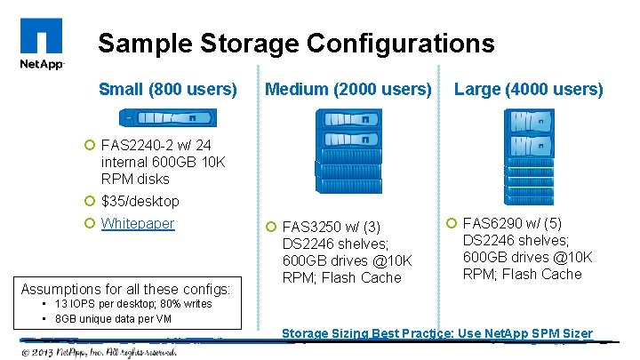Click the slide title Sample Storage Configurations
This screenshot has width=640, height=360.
(x=296, y=43)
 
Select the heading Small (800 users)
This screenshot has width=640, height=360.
(x=168, y=89)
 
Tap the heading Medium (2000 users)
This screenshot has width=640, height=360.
(x=348, y=89)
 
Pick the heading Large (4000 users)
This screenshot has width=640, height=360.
(x=529, y=89)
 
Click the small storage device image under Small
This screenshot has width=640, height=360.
(x=169, y=117)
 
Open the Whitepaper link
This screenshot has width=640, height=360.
(x=138, y=223)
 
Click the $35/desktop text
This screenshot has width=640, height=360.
(x=140, y=201)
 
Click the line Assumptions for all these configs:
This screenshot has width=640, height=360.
(x=125, y=289)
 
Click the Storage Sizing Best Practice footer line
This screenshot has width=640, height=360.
(x=436, y=333)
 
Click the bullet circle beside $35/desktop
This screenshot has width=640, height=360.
(x=89, y=201)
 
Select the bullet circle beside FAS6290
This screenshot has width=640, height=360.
(x=451, y=222)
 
